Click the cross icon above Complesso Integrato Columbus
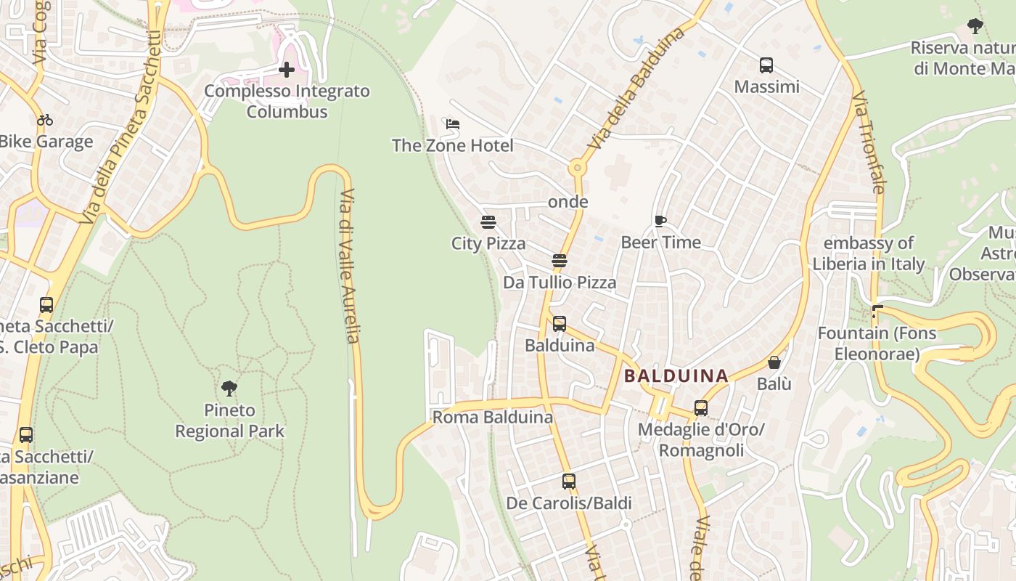pyautogui.click(x=287, y=70)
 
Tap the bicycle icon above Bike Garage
pyautogui.click(x=45, y=120)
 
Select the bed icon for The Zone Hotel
pyautogui.click(x=453, y=124)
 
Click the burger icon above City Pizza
pyautogui.click(x=488, y=222)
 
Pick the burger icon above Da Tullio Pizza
pyautogui.click(x=559, y=260)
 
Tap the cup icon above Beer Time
pyautogui.click(x=660, y=221)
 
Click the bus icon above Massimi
pyautogui.click(x=766, y=65)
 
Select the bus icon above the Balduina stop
pyautogui.click(x=559, y=324)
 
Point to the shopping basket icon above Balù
pyautogui.click(x=774, y=362)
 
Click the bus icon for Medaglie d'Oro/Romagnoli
pyautogui.click(x=700, y=408)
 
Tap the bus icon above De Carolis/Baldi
pyautogui.click(x=568, y=482)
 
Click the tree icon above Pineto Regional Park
pyautogui.click(x=229, y=389)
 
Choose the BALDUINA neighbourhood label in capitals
pyautogui.click(x=676, y=375)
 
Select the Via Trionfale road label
pyautogui.click(x=869, y=142)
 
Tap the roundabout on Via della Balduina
pyautogui.click(x=578, y=168)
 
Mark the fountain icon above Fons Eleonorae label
pyautogui.click(x=876, y=312)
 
